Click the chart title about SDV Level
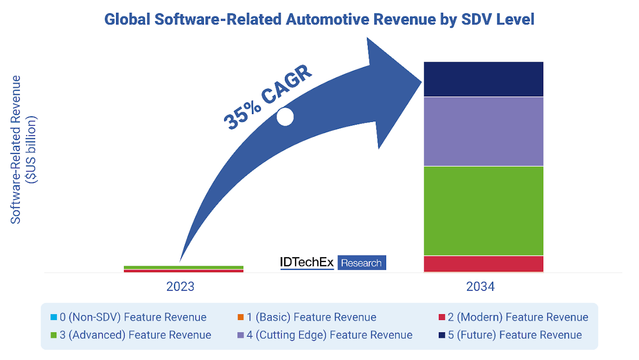coord(319,20)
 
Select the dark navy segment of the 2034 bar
coord(483,79)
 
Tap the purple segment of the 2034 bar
coord(483,131)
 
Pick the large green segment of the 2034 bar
coord(483,211)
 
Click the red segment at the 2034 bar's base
coord(483,264)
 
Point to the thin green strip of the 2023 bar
coord(183,267)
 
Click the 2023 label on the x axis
coord(180,287)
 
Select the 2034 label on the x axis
coord(480,287)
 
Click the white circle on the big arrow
coord(285,117)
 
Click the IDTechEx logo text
coord(307,262)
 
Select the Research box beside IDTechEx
coord(362,263)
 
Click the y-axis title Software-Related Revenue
coord(17,149)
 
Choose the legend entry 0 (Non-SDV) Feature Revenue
coord(128,317)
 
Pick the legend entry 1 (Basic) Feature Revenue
coord(307,317)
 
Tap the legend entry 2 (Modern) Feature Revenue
coord(513,317)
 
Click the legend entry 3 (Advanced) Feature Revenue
coord(130,335)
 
